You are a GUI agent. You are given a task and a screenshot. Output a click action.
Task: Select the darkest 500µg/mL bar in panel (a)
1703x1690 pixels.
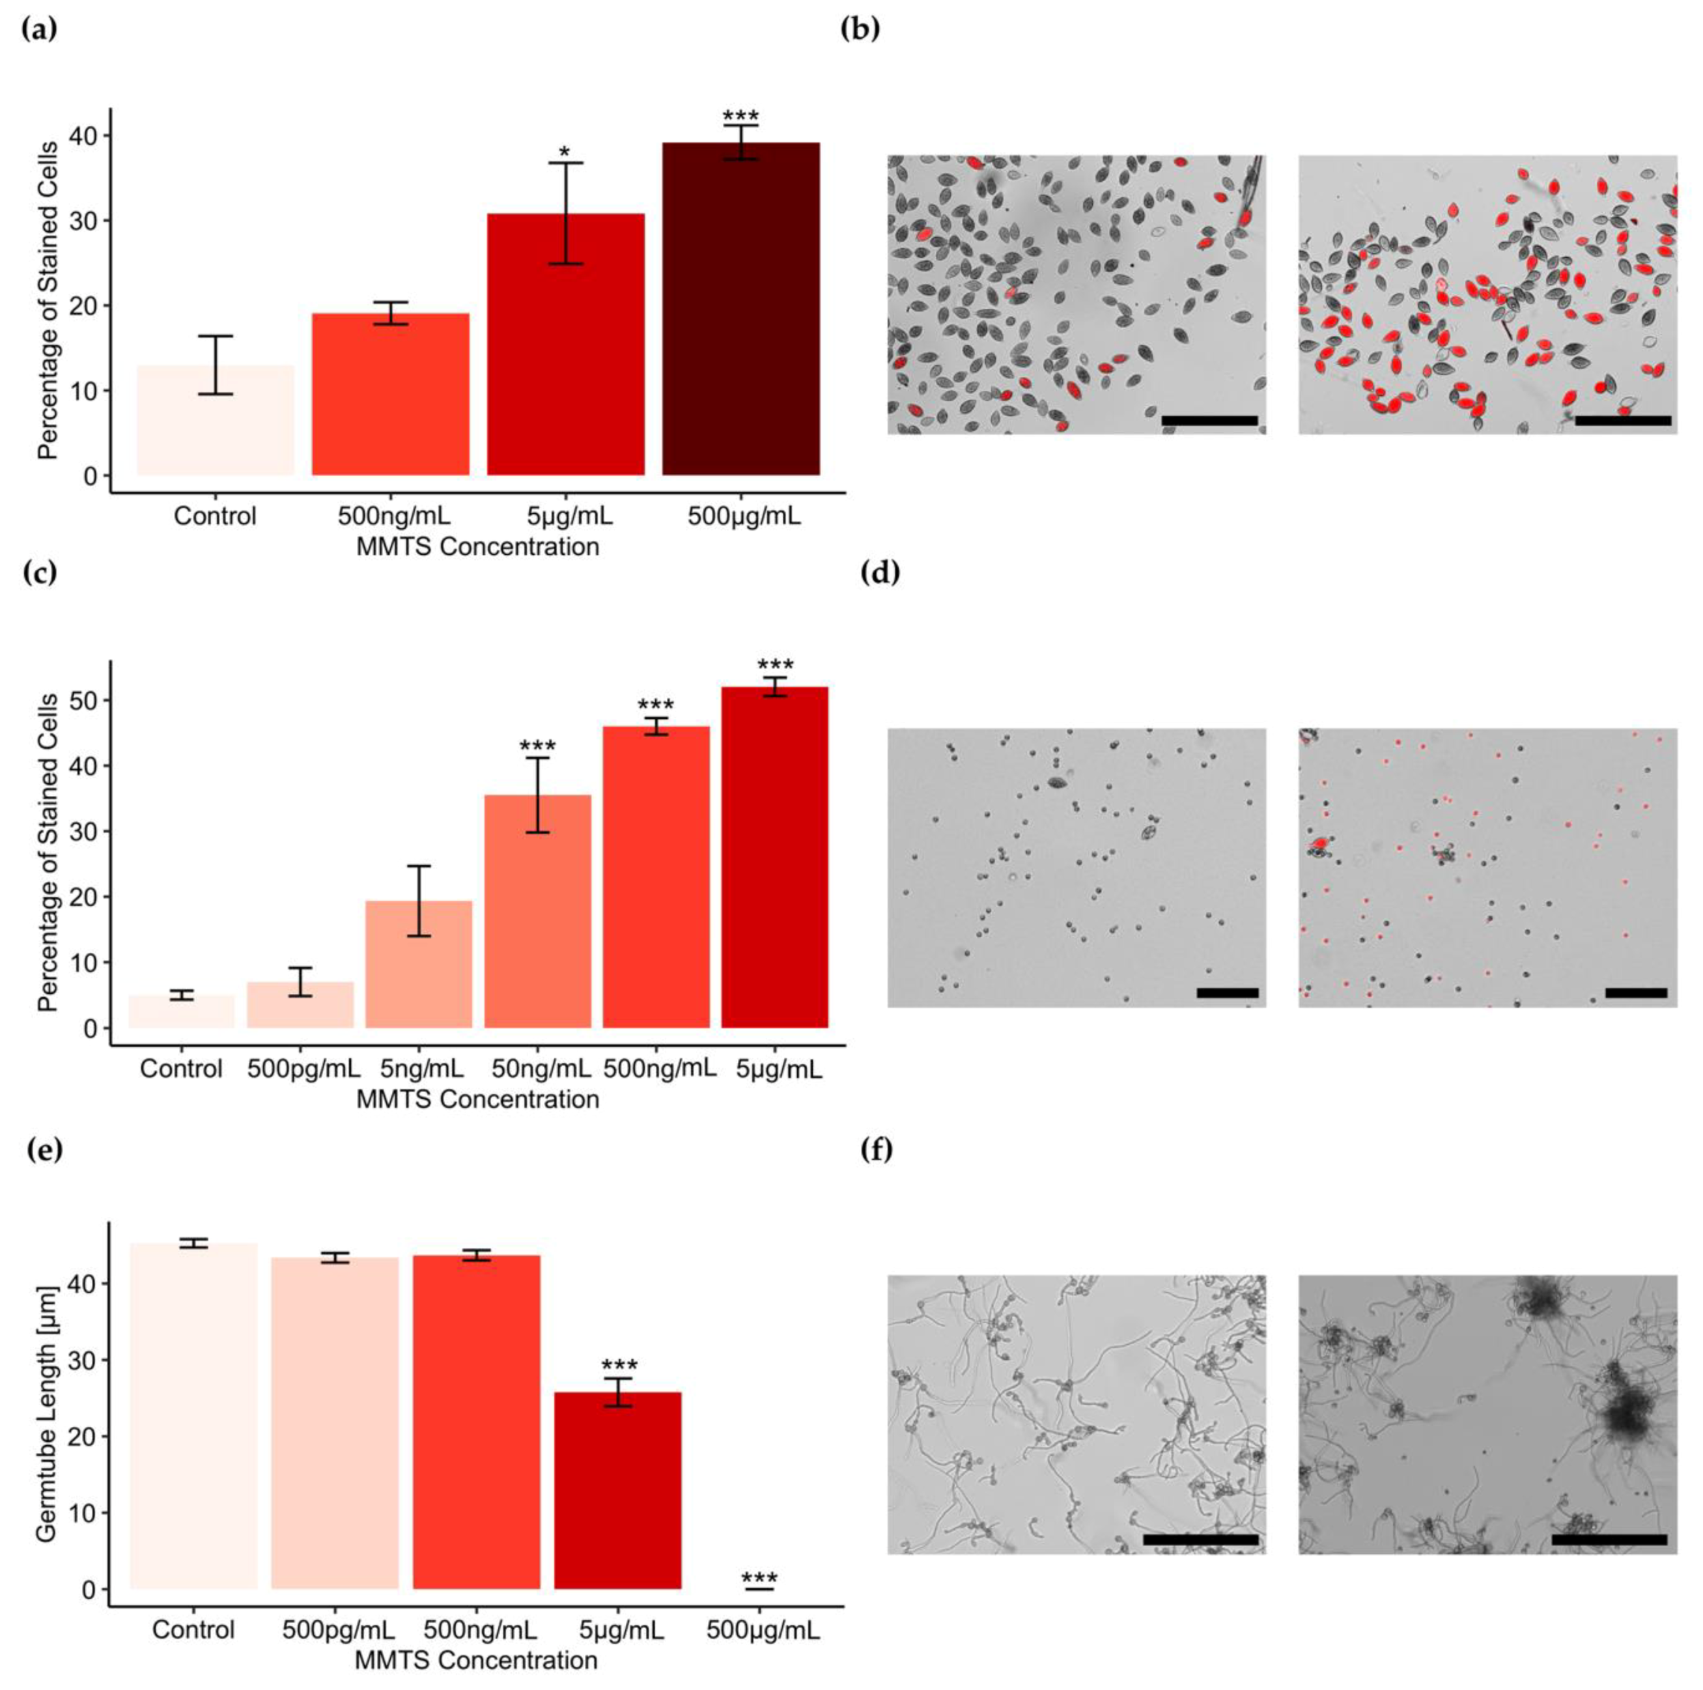740,309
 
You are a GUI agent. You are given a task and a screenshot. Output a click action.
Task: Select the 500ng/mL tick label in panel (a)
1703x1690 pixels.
393,516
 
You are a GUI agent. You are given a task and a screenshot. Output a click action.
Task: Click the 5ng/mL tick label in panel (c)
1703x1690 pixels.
421,1070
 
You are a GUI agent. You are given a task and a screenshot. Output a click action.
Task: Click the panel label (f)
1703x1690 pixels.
877,1151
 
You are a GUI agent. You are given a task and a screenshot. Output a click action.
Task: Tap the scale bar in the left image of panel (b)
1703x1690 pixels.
1209,421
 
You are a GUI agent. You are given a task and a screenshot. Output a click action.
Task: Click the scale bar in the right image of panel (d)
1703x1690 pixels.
1635,993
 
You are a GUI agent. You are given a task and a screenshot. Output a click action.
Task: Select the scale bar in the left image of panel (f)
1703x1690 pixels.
1200,1540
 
